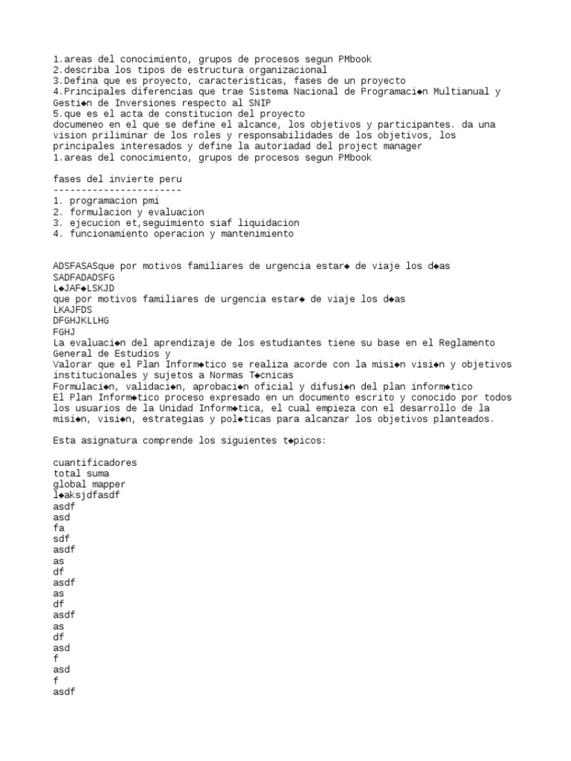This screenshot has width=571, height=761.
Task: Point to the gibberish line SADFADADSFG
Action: pyautogui.click(x=84, y=277)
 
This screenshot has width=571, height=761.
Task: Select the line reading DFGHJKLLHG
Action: pyautogui.click(x=81, y=320)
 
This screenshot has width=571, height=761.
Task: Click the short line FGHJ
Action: pyautogui.click(x=65, y=331)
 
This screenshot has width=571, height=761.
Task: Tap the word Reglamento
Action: pyautogui.click(x=465, y=343)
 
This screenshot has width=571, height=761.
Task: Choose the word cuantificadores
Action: pyautogui.click(x=95, y=462)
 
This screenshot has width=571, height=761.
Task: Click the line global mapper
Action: pyautogui.click(x=89, y=485)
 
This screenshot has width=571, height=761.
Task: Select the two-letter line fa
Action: pyautogui.click(x=59, y=528)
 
